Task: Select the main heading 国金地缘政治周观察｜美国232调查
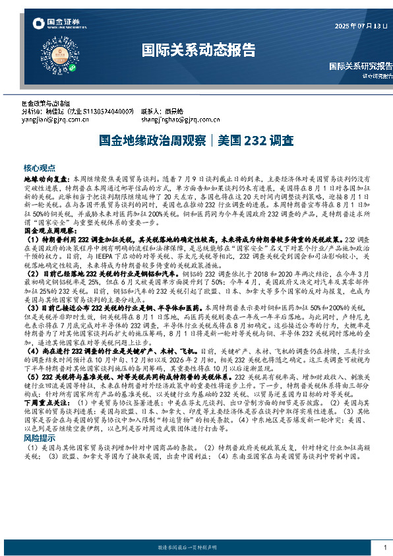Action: (x=196, y=141)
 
